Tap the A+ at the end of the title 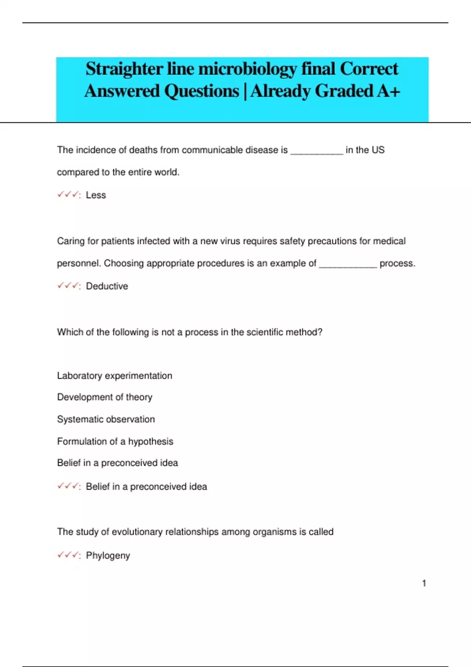coord(389,91)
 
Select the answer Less coord(96,195)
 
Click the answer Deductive coord(107,286)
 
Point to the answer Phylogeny coord(108,556)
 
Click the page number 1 coord(424,583)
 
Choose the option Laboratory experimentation coord(115,375)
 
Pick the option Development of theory coord(104,397)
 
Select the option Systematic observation coord(106,419)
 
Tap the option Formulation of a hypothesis coord(115,441)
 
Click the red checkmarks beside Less coord(68,195)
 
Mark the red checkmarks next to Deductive coord(68,286)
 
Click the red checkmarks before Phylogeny coord(68,555)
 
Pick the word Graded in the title coord(344,91)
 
